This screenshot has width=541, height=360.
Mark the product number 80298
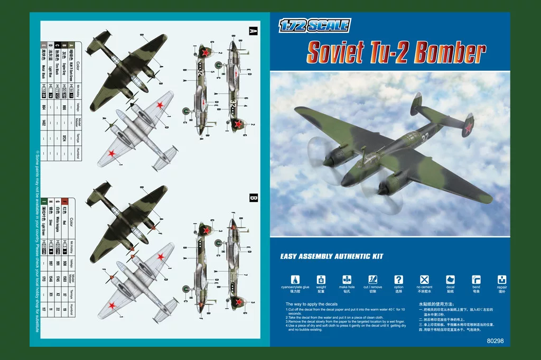click(x=493, y=341)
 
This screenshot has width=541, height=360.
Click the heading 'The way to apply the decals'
click(x=311, y=304)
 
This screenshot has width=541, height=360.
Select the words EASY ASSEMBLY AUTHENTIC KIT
click(x=331, y=256)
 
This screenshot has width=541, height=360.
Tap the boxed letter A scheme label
click(x=253, y=31)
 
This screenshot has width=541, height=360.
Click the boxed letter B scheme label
click(x=253, y=198)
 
